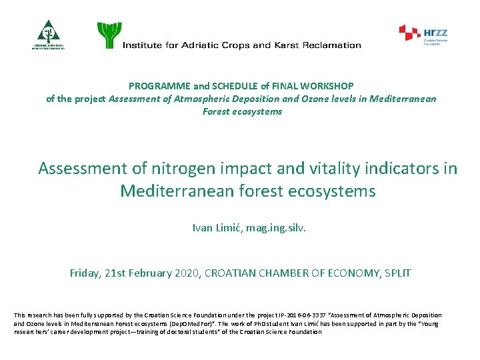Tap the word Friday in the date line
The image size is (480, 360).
click(x=85, y=273)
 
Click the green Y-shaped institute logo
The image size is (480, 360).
click(x=109, y=35)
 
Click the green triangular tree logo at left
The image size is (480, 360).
click(x=48, y=33)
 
